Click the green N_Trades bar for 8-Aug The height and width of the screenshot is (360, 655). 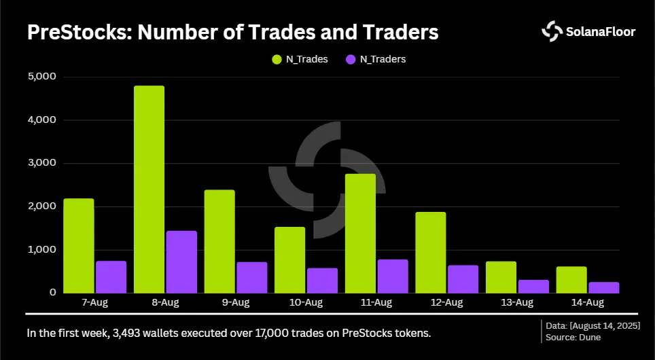coord(149,190)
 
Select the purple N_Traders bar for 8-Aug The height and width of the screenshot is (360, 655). coord(181,262)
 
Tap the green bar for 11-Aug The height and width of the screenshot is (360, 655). coord(360,234)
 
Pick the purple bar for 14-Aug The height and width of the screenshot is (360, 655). coord(603,288)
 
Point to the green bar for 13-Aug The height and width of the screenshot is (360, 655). coord(501,277)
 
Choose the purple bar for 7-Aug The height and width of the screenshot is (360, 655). coord(111,277)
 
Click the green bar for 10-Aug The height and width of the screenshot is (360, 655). coord(289,259)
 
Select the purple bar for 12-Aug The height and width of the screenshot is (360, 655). coord(463,279)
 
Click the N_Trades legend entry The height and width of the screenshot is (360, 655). coord(300,59)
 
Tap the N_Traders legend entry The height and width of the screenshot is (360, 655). coord(376,59)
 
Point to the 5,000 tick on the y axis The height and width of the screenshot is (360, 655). coord(41,77)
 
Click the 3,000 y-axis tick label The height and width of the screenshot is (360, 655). coord(41,163)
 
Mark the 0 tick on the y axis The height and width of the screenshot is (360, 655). coord(52,292)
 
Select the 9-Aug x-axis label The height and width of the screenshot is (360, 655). coord(235,302)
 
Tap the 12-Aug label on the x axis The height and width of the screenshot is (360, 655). coord(446,302)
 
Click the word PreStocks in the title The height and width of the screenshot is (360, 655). coord(79,32)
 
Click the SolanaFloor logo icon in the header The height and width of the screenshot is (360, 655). coord(552,31)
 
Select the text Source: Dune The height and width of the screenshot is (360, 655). coord(573,338)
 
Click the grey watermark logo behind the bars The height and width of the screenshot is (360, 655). coord(327,180)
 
